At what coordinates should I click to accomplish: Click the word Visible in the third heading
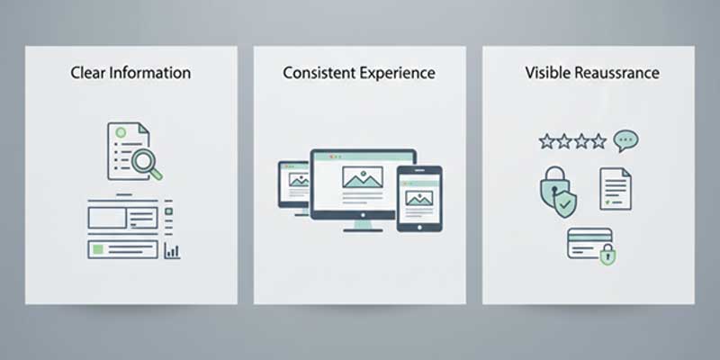pyautogui.click(x=547, y=73)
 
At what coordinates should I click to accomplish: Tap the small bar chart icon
pyautogui.click(x=172, y=251)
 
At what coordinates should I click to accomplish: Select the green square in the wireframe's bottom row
pyautogui.click(x=97, y=248)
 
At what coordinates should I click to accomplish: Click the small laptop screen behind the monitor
pyautogui.click(x=294, y=182)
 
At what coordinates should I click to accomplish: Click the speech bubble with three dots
pyautogui.click(x=625, y=140)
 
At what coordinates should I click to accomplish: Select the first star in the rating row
pyautogui.click(x=545, y=141)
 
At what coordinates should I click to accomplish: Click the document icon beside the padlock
pyautogui.click(x=616, y=189)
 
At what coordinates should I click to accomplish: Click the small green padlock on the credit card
pyautogui.click(x=607, y=256)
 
